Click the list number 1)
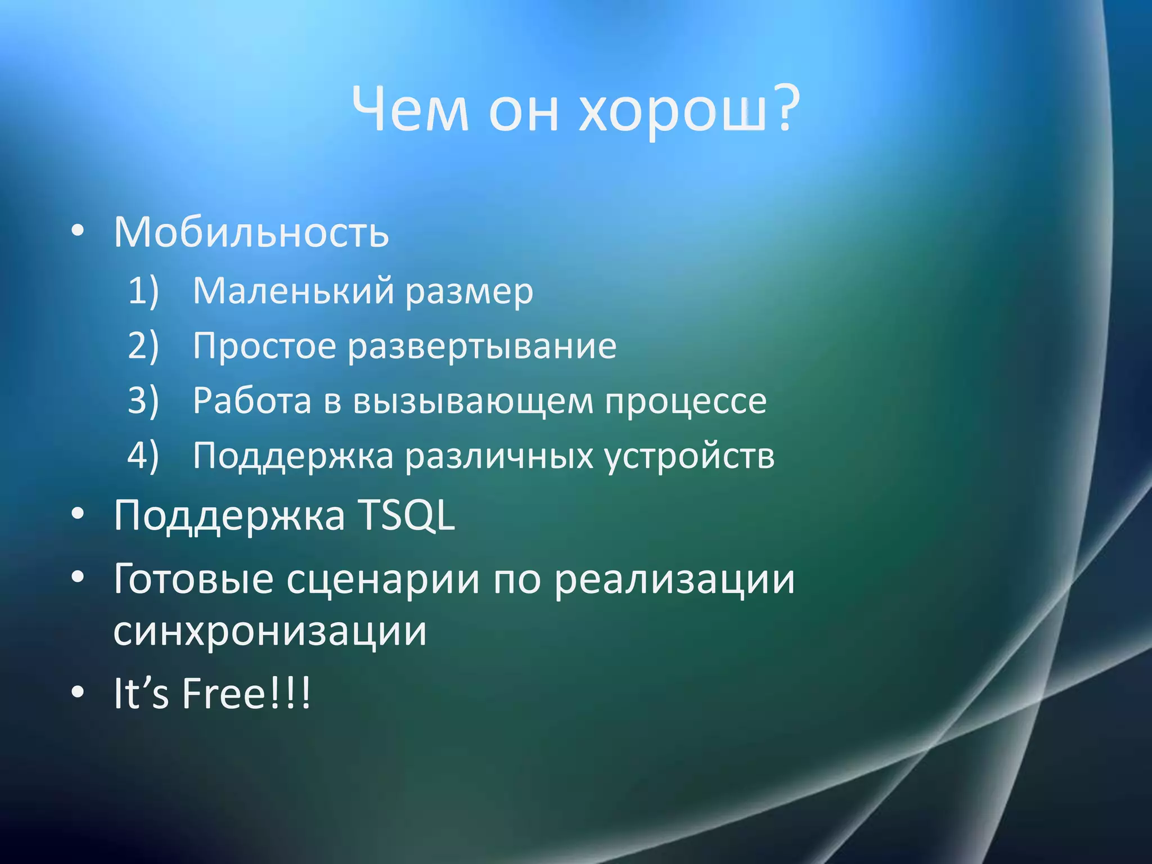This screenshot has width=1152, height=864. [143, 291]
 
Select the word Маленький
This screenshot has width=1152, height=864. [293, 291]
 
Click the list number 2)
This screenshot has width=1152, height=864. [143, 345]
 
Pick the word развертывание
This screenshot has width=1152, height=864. [482, 346]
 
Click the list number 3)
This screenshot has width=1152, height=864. [143, 400]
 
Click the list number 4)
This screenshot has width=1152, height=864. [143, 455]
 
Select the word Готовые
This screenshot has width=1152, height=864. [193, 579]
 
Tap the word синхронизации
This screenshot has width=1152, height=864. [269, 632]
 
